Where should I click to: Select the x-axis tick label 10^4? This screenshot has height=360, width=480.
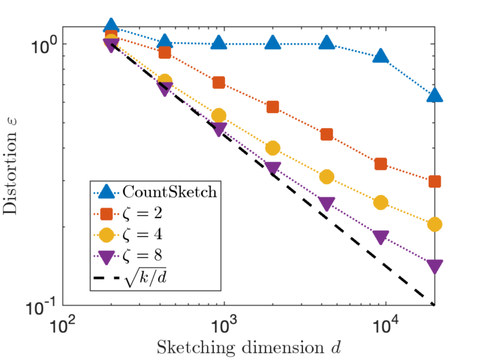pos(386,324)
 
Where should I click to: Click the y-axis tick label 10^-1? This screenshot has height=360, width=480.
pos(42,306)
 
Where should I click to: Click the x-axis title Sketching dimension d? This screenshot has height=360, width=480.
pos(247,346)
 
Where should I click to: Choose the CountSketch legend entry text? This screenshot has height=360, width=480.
pos(170,192)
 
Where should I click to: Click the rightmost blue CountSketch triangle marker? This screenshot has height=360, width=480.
pos(434,95)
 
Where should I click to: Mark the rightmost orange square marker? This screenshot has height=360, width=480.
pos(434,182)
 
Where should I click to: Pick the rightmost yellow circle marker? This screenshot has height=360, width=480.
pos(434,224)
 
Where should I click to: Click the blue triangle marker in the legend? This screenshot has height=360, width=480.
pos(107,191)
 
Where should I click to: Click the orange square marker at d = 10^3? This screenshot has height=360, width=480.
pos(218,82)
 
